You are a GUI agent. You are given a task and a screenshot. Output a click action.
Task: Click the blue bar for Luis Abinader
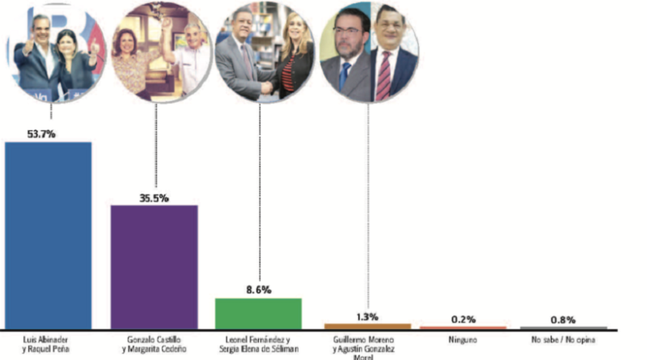click(x=48, y=235)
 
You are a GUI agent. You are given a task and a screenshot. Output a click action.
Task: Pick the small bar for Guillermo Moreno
click(x=367, y=326)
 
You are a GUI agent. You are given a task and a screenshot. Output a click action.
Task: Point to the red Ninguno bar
click(x=463, y=327)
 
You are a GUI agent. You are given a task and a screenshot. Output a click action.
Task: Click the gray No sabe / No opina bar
click(x=564, y=327)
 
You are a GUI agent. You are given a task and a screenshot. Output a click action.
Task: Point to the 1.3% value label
click(x=368, y=316)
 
